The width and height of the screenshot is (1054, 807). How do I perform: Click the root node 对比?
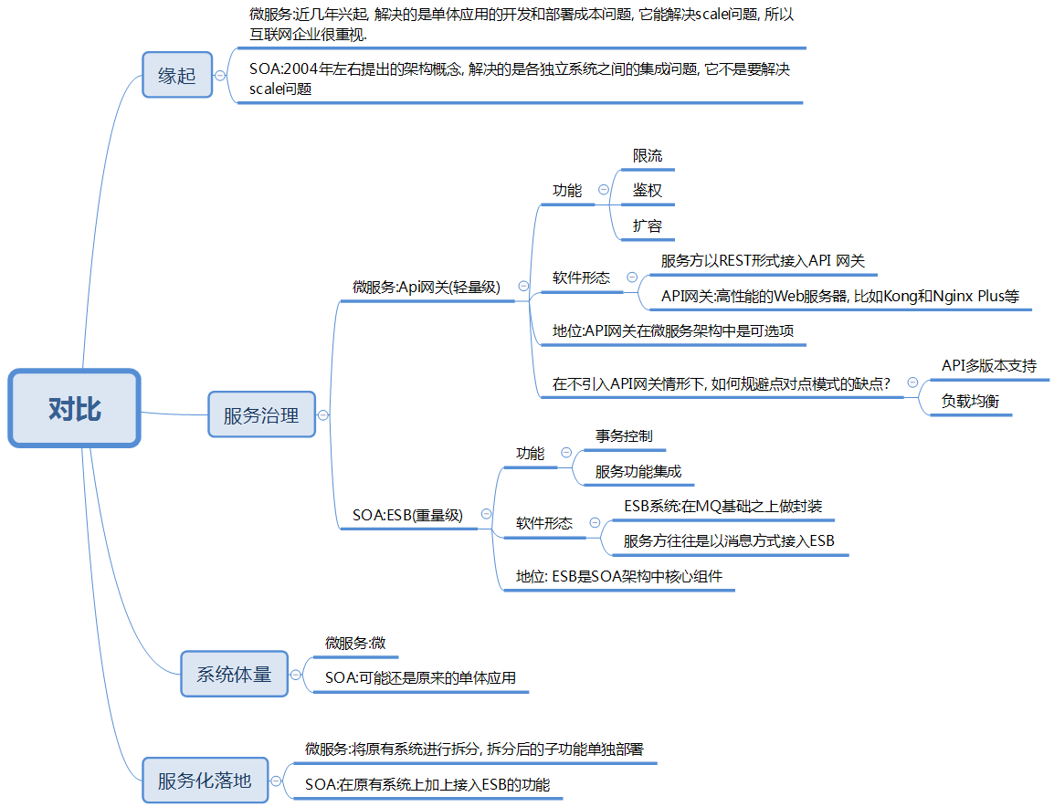tap(75, 409)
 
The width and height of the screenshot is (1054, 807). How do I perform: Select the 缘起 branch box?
tap(177, 76)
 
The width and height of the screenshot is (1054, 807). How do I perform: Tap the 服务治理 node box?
tap(261, 415)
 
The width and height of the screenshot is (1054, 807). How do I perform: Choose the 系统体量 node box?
tap(234, 675)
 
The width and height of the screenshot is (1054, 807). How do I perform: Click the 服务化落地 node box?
tap(205, 781)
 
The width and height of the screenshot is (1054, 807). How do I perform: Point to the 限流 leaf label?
tap(648, 156)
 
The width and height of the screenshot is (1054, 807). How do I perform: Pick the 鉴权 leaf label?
tap(648, 191)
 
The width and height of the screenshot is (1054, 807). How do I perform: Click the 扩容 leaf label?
tap(648, 225)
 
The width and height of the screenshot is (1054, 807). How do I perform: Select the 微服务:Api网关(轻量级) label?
tap(427, 287)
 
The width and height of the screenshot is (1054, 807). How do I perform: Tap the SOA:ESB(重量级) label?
tap(407, 515)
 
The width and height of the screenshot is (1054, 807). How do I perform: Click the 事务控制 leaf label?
tap(624, 436)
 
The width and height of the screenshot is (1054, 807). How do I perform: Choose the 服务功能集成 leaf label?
tap(638, 471)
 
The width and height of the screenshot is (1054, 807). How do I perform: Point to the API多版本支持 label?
tap(989, 366)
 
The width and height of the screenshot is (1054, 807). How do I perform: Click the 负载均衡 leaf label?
tap(970, 401)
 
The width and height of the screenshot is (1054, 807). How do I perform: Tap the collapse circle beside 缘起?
tap(220, 76)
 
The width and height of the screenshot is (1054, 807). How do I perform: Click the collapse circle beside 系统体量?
tap(295, 675)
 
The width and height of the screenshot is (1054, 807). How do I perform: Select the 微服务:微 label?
tap(355, 644)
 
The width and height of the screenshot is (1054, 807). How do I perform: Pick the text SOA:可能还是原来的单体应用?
tap(420, 678)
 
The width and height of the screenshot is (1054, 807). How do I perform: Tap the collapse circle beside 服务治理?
tap(322, 414)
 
